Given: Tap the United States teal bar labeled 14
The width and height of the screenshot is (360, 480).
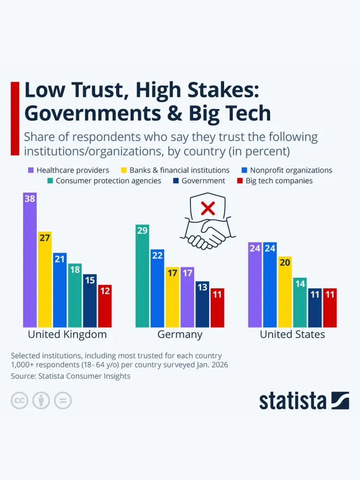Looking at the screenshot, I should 300,302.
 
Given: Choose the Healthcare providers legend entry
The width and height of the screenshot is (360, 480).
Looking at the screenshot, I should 68,170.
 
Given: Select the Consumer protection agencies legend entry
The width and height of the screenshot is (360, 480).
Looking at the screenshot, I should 104,180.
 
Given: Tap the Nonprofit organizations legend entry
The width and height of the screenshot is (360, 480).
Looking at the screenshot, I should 286,170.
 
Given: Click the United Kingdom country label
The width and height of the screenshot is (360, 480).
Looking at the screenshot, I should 67,334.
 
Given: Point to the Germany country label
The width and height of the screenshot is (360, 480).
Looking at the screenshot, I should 180,334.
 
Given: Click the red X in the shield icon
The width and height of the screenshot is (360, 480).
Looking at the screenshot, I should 208,208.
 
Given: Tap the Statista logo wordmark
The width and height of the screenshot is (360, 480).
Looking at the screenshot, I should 292,401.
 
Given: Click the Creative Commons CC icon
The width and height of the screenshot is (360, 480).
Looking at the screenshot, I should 20,401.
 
